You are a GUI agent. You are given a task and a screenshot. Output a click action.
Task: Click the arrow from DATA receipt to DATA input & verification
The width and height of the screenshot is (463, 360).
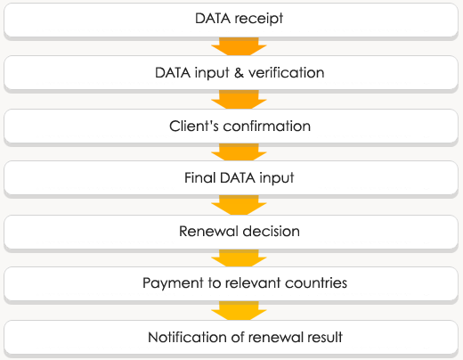click(239, 46)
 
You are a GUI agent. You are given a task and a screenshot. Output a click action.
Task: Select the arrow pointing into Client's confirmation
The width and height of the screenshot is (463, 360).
click(239, 100)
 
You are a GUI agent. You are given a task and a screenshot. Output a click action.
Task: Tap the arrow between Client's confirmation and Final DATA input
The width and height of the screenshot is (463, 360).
click(239, 152)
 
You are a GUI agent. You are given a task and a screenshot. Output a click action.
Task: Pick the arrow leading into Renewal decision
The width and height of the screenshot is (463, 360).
click(239, 205)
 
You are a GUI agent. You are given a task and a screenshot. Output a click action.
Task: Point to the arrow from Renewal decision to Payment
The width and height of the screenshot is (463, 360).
click(239, 258)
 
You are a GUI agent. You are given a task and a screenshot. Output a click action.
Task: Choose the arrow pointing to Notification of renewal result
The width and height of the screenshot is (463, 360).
click(239, 311)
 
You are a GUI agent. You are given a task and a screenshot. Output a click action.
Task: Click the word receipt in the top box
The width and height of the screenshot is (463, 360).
click(259, 19)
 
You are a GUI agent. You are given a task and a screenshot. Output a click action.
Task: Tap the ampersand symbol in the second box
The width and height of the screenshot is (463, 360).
click(239, 73)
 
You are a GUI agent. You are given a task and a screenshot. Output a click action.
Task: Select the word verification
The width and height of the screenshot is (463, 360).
click(286, 72)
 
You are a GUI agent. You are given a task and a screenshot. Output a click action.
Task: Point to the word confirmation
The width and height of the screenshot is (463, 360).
click(267, 126)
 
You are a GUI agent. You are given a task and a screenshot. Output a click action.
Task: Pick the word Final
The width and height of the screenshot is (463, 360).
click(199, 177)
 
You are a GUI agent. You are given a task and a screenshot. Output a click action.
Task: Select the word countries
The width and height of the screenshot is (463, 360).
click(316, 282)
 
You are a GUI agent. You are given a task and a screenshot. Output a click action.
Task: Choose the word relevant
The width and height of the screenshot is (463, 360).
click(253, 282)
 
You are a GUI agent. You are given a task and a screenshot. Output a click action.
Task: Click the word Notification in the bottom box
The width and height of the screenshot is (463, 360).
click(188, 337)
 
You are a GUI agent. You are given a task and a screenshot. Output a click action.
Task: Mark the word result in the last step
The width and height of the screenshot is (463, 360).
click(324, 337)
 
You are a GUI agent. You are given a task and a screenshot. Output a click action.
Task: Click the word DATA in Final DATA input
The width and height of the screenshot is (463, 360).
click(238, 177)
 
